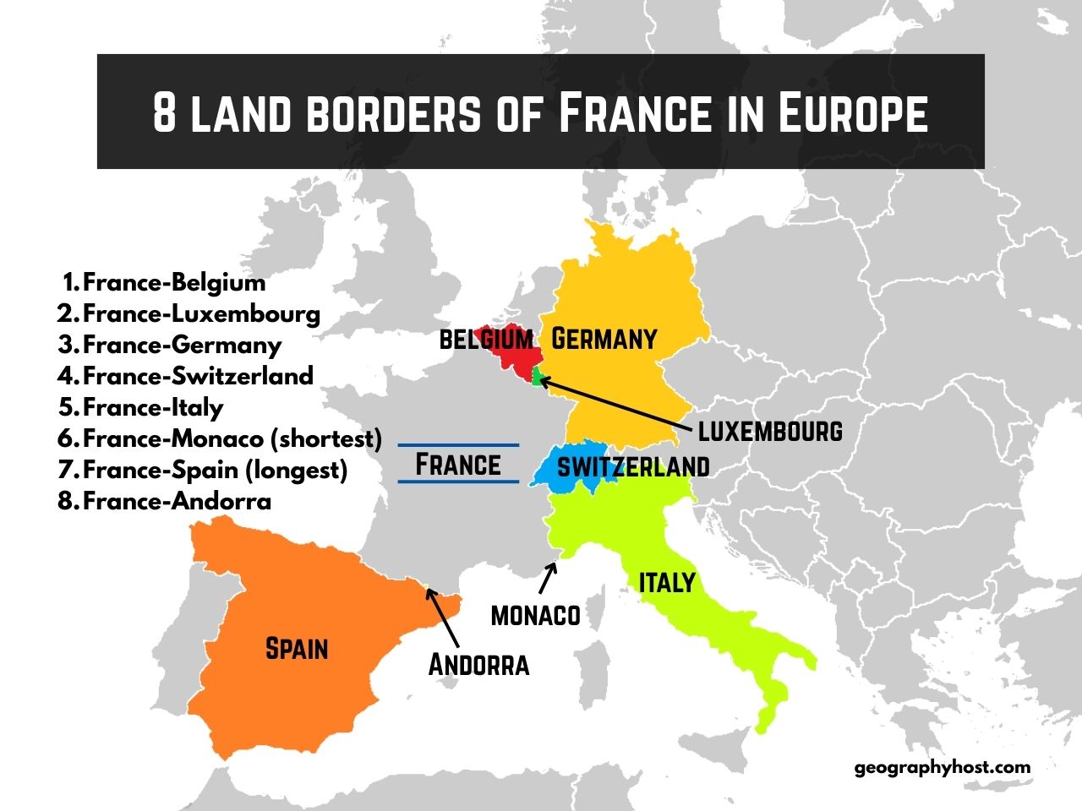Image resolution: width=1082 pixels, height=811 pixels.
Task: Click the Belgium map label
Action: coord(486,340)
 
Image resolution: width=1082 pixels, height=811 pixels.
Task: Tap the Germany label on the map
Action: coord(604,339)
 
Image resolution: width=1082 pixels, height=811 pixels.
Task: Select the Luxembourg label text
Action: coord(770,431)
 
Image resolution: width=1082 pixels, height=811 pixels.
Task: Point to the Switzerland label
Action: coord(633,466)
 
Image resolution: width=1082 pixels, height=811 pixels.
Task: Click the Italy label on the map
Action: coord(667,582)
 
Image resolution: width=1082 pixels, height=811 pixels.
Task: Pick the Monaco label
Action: coord(535,615)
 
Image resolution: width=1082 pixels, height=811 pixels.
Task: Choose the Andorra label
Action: coord(478,665)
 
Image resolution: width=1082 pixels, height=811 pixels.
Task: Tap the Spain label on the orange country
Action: coord(297,648)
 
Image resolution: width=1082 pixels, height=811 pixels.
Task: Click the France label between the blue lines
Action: coord(458,465)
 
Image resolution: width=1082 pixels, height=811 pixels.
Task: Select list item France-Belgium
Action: coord(174,282)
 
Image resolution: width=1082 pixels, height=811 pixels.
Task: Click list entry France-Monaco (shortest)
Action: coord(232,438)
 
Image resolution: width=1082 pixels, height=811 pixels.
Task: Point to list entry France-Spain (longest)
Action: coord(215,470)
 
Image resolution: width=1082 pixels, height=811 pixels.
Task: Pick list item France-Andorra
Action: coord(177,501)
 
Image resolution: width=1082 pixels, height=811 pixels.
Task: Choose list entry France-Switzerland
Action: coord(198,376)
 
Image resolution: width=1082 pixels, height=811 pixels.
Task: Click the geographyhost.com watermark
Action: coord(943,767)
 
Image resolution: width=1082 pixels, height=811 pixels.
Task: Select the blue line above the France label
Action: coord(458,444)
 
